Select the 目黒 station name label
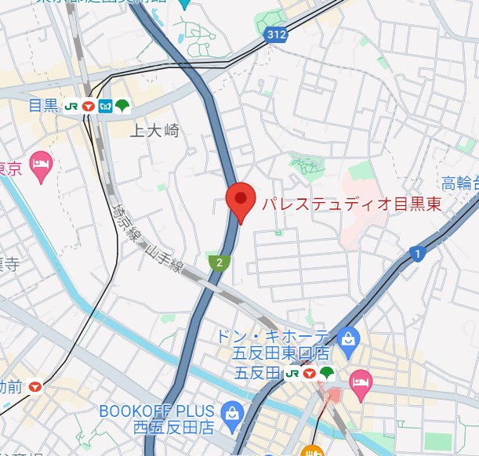tap(43, 106)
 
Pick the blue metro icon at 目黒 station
tap(106, 106)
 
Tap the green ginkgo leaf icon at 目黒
tap(122, 106)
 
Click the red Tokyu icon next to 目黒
tap(89, 106)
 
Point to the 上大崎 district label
tap(154, 131)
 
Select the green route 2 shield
tap(220, 262)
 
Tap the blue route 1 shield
tap(416, 253)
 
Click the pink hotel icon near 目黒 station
tap(39, 165)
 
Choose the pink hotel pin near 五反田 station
tap(360, 381)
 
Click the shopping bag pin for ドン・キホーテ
tap(350, 339)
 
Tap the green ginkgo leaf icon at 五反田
tap(327, 374)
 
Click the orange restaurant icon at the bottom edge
tap(313, 451)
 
